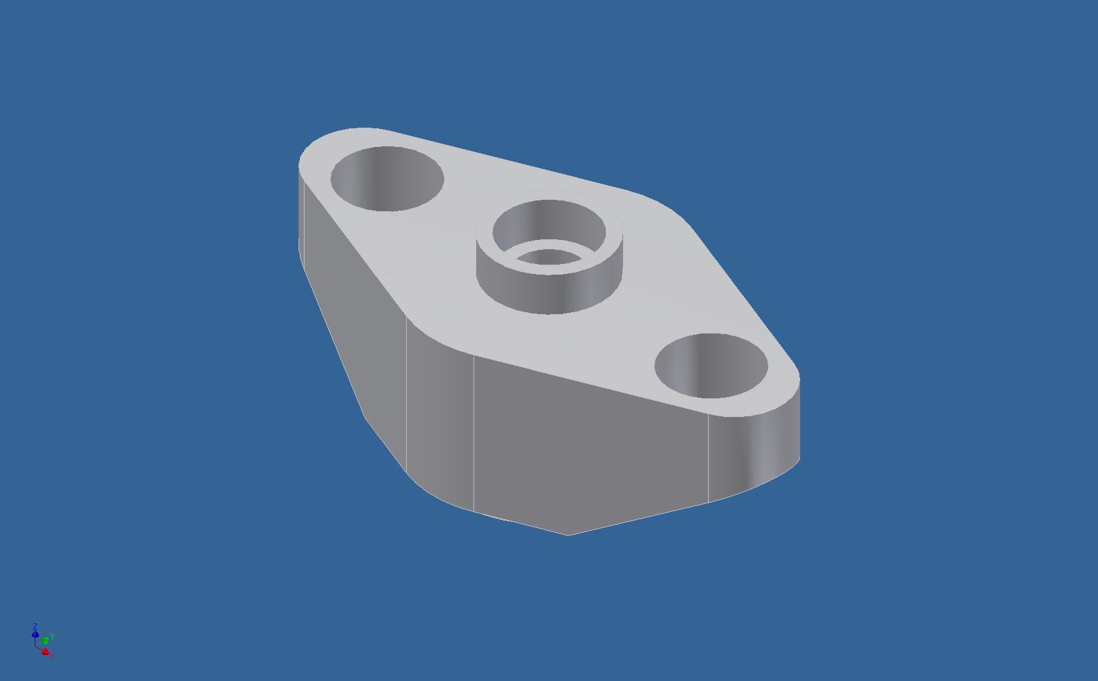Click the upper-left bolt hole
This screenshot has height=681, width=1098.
pyautogui.click(x=387, y=178)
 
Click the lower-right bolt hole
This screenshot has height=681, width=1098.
pyautogui.click(x=711, y=366)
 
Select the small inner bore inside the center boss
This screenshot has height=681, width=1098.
pyautogui.click(x=549, y=257)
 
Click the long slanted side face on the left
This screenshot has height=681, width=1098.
pyautogui.click(x=354, y=321)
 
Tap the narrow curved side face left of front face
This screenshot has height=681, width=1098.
pyautogui.click(x=439, y=414)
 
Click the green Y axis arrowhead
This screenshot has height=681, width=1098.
pyautogui.click(x=45, y=641)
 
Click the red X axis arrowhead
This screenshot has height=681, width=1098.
pyautogui.click(x=45, y=652)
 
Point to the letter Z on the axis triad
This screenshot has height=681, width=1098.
pyautogui.click(x=35, y=626)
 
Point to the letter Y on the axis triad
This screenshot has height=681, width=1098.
pyautogui.click(x=52, y=636)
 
